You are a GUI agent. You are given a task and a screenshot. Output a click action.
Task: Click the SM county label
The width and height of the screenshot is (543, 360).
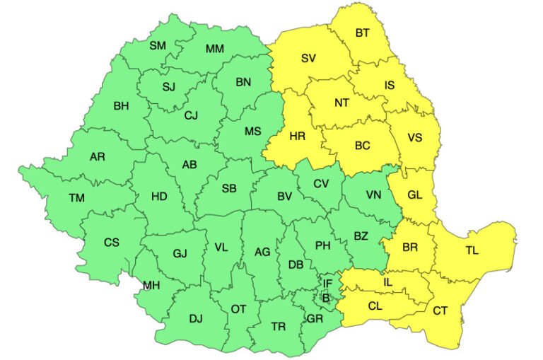point(158,46)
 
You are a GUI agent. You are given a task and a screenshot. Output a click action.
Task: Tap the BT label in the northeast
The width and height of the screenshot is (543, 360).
point(362,33)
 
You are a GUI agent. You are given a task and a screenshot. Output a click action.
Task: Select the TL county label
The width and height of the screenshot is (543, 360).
point(472,250)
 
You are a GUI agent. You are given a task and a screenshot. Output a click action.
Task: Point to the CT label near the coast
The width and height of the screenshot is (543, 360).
point(440,310)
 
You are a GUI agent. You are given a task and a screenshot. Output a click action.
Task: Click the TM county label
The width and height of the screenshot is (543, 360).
point(76,198)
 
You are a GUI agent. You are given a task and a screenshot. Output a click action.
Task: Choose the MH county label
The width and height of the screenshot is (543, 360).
point(151,286)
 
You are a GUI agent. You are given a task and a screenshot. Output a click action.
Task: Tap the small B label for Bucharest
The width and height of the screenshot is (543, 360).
point(326,297)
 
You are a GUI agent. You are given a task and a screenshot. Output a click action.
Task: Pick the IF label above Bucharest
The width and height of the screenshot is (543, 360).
point(327,284)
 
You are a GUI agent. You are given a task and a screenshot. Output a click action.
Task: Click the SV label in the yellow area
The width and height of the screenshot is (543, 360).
point(308,59)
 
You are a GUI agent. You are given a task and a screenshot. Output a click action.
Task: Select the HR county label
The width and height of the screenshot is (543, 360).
point(298,137)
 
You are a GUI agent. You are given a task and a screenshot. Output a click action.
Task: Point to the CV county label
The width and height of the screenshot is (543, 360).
point(322,184)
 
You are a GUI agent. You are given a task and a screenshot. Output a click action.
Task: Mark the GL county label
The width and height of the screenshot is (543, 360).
point(414,195)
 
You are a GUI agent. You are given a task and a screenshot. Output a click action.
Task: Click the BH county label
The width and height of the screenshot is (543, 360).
point(121,106)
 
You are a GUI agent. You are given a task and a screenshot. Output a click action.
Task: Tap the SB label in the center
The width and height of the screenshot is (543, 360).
point(229,188)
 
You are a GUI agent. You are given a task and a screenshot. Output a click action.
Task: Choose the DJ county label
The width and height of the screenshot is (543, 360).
point(195,319)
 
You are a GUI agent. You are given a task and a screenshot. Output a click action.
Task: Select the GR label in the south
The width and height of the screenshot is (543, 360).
point(315,319)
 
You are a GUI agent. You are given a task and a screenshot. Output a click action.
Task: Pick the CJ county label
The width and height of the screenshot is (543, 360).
point(192,115)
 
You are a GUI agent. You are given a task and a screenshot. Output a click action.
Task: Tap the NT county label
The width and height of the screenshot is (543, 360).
point(341,103)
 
